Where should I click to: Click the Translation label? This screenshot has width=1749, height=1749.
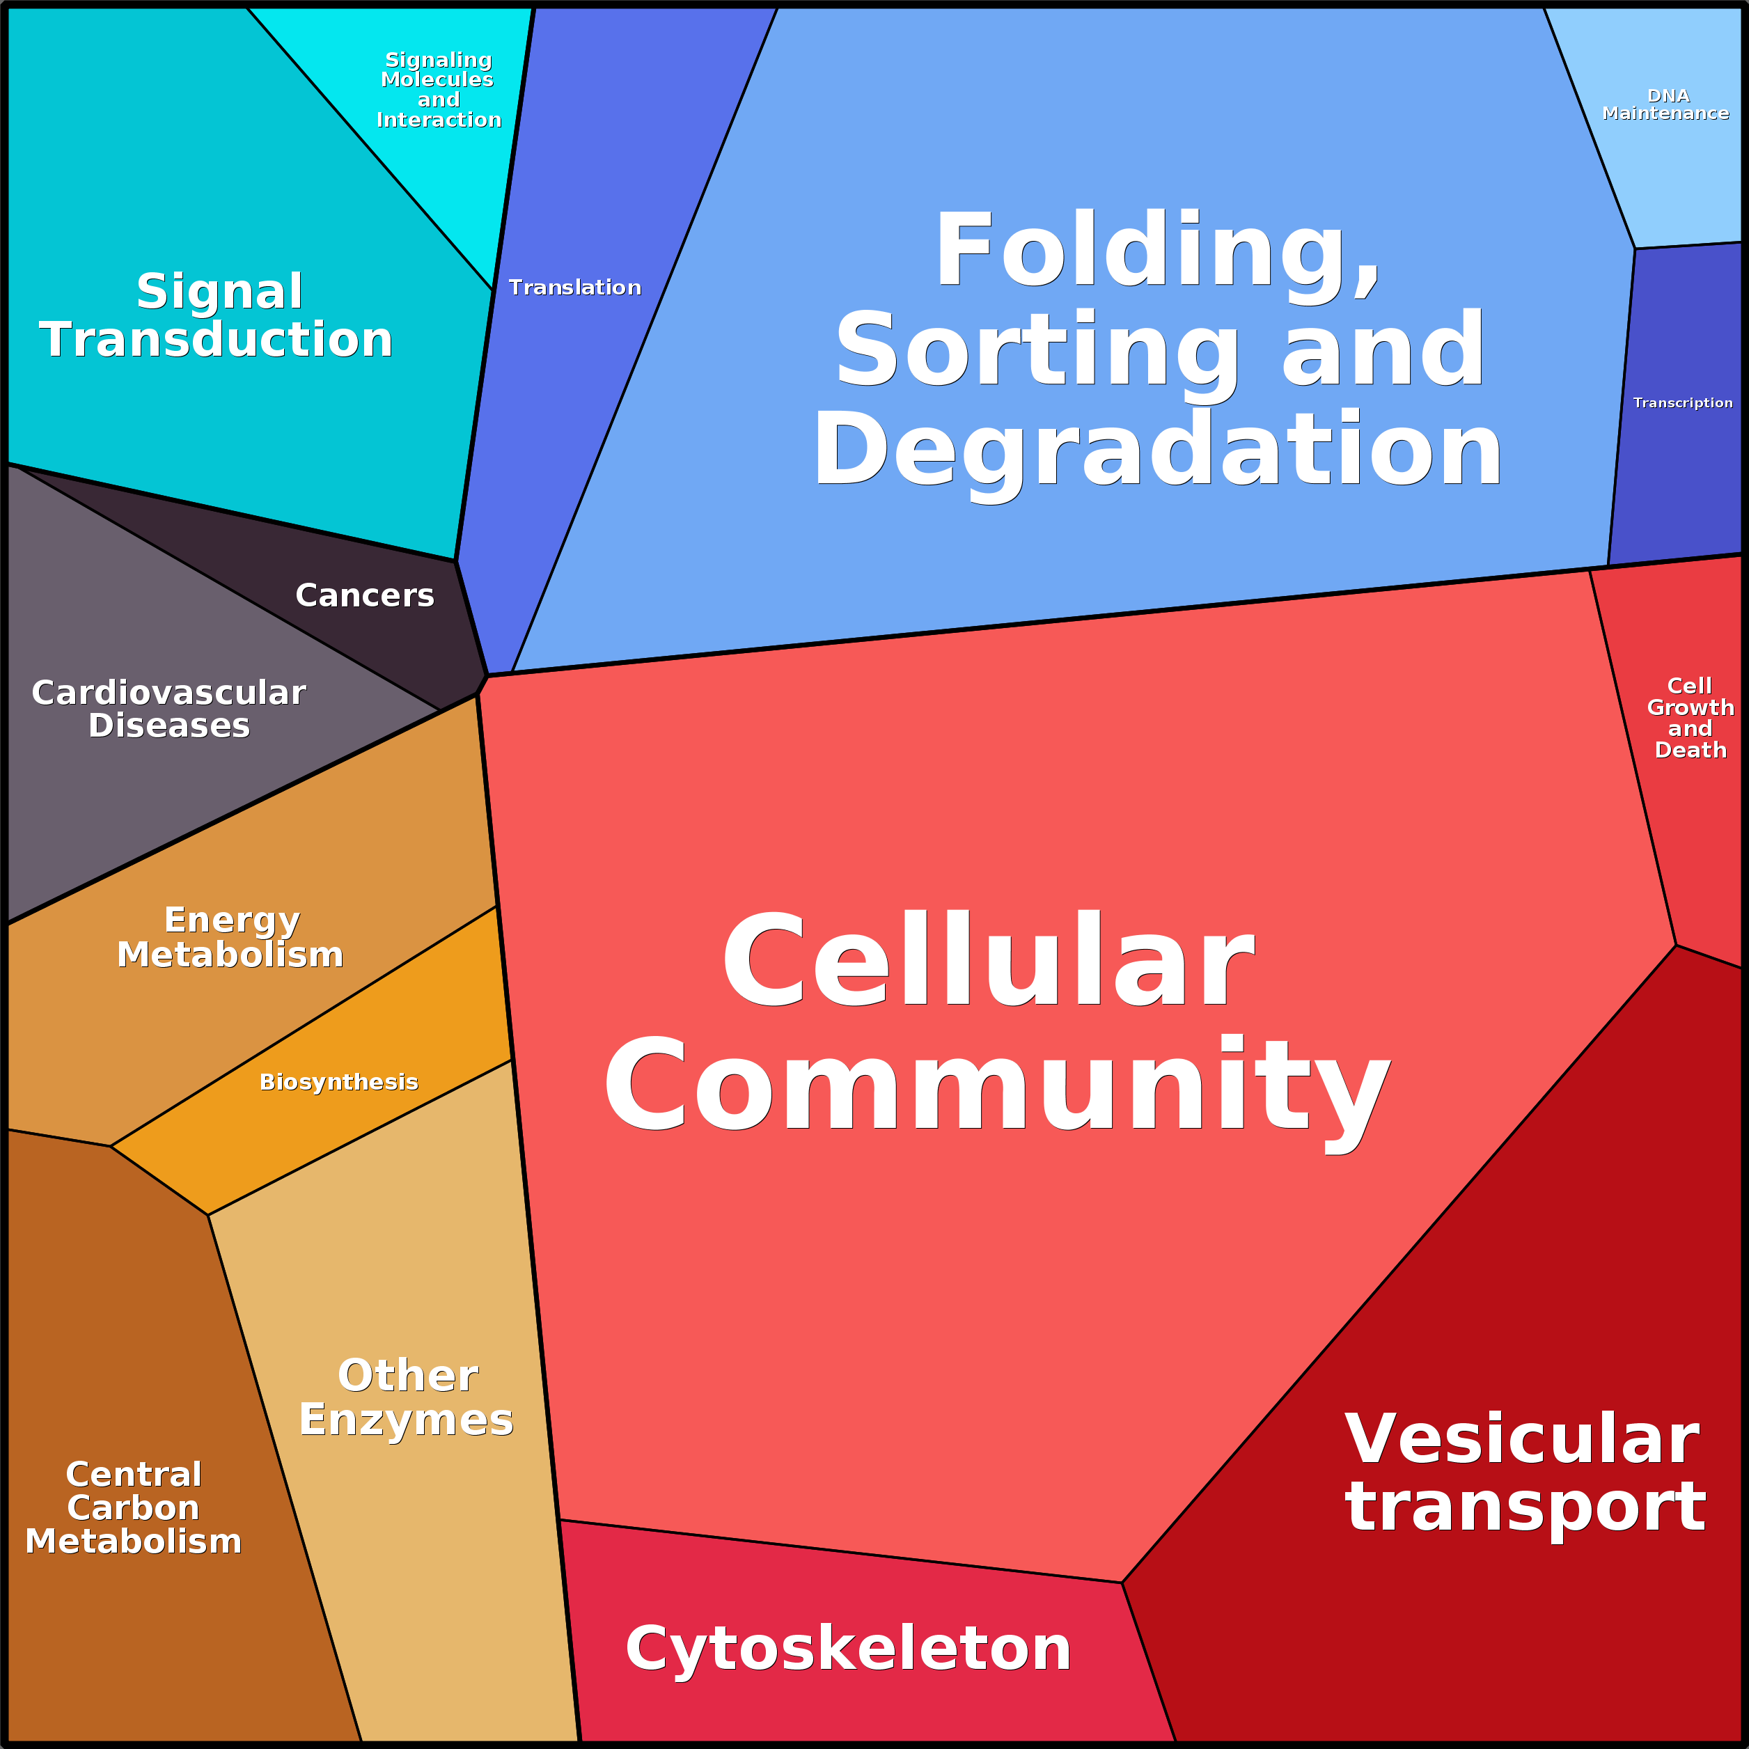pos(575,288)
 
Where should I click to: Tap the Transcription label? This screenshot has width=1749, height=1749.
pos(1683,403)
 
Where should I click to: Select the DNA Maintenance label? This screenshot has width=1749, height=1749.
pos(1665,105)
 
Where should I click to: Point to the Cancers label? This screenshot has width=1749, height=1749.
pos(365,596)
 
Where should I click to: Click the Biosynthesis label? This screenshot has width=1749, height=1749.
pos(338,1083)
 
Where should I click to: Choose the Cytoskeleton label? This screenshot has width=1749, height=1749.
pos(848,1649)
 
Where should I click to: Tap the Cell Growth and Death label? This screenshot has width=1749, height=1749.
pos(1690,718)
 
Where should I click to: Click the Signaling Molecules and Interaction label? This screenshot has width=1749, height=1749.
pos(438,90)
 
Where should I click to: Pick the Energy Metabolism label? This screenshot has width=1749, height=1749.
pos(231,938)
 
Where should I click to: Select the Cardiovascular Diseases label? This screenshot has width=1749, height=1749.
pos(169,709)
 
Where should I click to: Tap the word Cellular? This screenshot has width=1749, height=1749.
pos(988,961)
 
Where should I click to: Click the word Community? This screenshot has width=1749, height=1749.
pos(997,1086)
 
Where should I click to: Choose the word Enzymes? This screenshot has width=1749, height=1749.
pos(407,1420)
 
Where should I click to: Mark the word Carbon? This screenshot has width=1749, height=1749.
pos(133,1508)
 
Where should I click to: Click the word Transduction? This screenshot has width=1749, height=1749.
pos(217,340)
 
